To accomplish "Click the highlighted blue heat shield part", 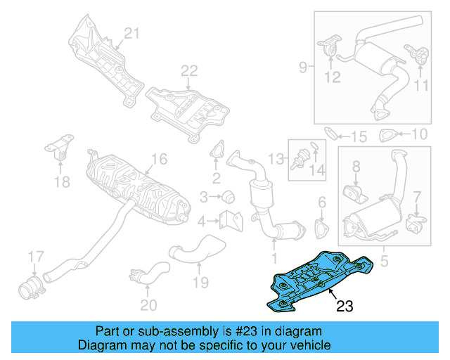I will (316, 280).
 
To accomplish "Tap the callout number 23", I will (345, 306).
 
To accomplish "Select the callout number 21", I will (133, 32).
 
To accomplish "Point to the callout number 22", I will (189, 70).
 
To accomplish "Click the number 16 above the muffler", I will (159, 159).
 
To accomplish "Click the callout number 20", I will (148, 304).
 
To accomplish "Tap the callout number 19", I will (202, 283).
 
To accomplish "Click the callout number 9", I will (302, 67).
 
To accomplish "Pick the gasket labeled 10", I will (387, 136).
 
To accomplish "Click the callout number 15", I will (359, 136).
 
